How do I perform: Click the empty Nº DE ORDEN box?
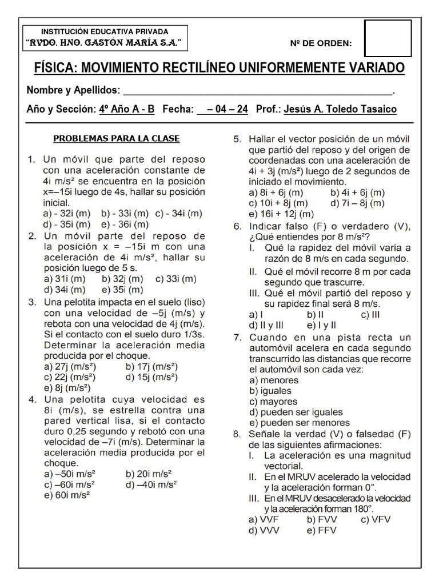387,39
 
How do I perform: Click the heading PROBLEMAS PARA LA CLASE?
117,138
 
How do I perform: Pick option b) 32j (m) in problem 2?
122,279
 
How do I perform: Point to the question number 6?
237,226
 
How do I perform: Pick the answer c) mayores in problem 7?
273,402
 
